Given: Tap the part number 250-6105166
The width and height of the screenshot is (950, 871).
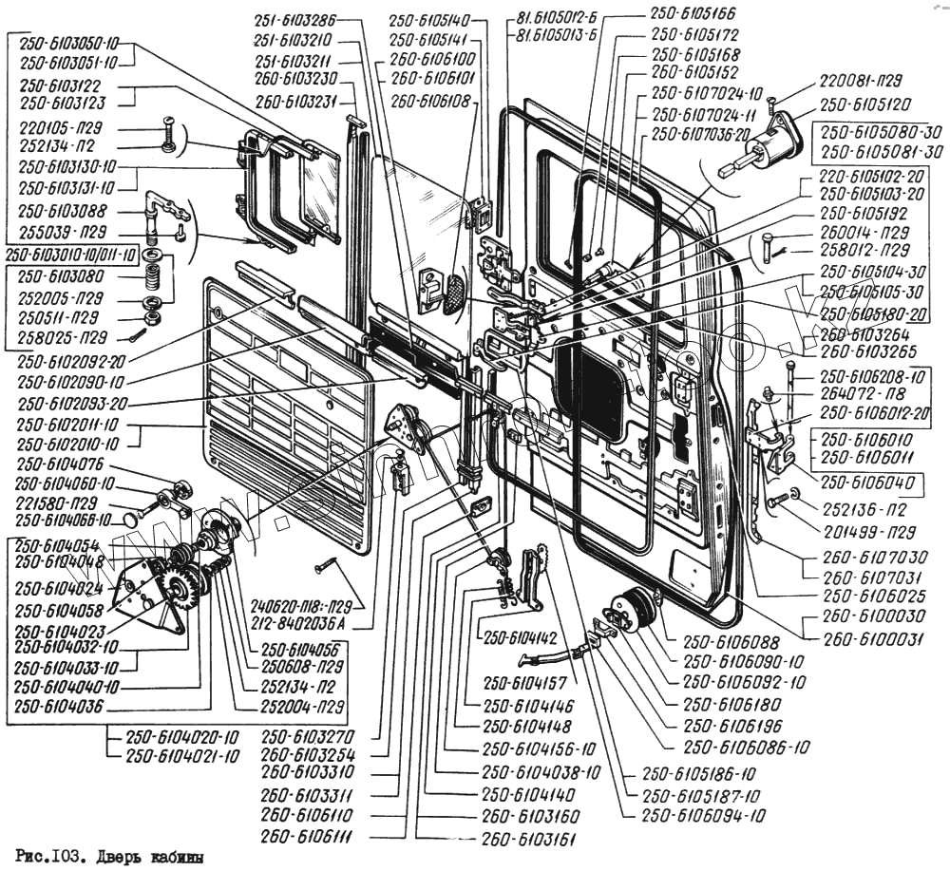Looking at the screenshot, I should tap(693, 15).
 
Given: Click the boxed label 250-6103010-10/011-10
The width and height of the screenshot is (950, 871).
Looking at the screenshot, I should tap(71, 255).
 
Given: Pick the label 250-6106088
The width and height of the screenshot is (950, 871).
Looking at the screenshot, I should tap(716, 642).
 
